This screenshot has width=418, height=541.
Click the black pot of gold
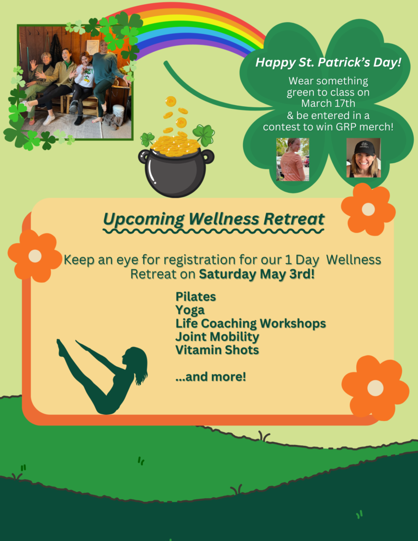[x=176, y=171]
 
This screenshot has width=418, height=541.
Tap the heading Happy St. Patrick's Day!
[x=328, y=62]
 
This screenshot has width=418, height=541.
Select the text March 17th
[x=328, y=103]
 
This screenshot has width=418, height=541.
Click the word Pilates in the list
[x=196, y=297]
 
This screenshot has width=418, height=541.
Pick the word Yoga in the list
[x=190, y=310]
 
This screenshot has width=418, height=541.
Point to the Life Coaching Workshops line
[x=250, y=323]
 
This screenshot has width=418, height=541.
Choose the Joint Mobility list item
[x=217, y=337]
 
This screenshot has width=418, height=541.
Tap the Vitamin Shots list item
[x=217, y=350]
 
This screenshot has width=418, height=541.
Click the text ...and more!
[x=211, y=376]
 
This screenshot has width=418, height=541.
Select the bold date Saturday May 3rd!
[x=257, y=274]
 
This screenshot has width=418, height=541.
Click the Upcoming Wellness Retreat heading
[x=213, y=219]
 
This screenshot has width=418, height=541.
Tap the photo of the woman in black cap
[x=364, y=157]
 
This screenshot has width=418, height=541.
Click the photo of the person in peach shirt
[x=293, y=160]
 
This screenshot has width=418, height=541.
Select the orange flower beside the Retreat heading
[x=368, y=209]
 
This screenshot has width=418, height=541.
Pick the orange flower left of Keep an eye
[x=34, y=256]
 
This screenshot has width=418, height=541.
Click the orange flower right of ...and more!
[x=375, y=388]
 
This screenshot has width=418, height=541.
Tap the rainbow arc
[x=187, y=21]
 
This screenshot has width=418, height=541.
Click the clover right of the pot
[x=203, y=135]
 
